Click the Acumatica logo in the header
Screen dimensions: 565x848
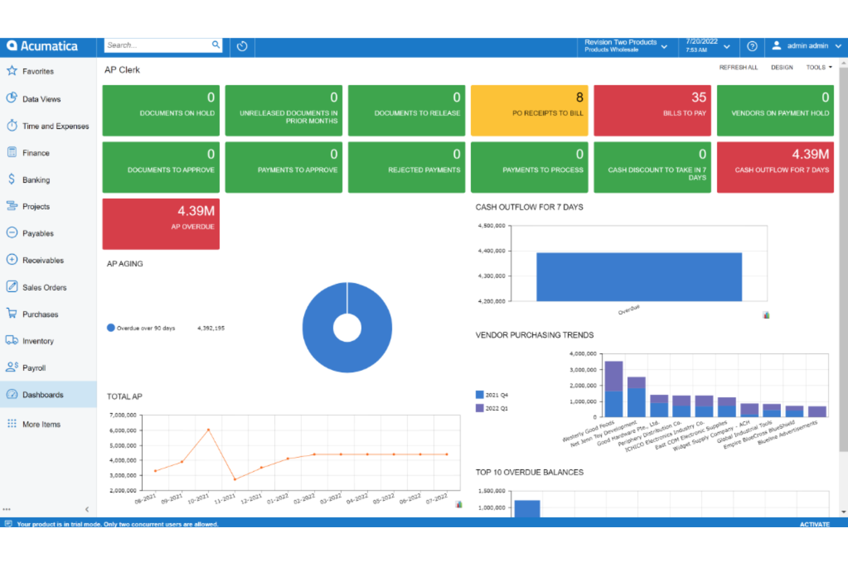(x=42, y=46)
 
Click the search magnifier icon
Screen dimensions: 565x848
(x=215, y=45)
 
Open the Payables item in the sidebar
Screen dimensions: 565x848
(x=38, y=234)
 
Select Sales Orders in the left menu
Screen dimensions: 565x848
(x=44, y=287)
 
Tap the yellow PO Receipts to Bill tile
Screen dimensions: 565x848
(x=529, y=110)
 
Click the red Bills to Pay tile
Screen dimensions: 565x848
(x=652, y=110)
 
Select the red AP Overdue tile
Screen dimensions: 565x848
(x=161, y=224)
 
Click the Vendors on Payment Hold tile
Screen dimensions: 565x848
(x=775, y=110)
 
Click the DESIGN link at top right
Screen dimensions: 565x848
(x=782, y=68)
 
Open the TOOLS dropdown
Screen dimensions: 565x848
(x=818, y=68)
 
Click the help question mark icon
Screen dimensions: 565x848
(x=752, y=46)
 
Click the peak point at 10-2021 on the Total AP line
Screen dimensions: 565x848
(x=209, y=429)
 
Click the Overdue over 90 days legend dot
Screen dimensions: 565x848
(x=111, y=328)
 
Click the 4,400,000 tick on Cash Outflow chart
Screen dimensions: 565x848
(x=492, y=251)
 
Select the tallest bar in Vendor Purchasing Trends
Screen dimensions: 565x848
(x=614, y=389)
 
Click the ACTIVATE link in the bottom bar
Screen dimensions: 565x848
(x=814, y=524)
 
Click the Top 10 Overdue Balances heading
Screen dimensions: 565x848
(x=529, y=472)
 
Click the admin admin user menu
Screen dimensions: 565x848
(x=807, y=46)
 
